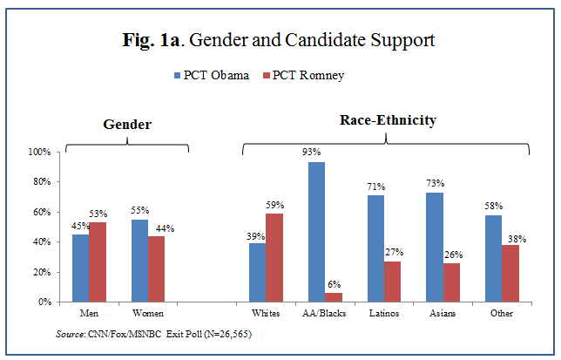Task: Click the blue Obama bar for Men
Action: (80, 268)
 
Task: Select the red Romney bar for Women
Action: (155, 268)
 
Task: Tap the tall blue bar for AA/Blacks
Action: (315, 231)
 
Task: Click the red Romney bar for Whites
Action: (274, 257)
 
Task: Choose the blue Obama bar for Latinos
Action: (375, 248)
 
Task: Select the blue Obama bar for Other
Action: (493, 258)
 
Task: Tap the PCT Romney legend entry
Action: (305, 76)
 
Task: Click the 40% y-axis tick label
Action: (42, 241)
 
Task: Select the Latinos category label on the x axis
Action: (383, 313)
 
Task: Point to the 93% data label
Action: (315, 153)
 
